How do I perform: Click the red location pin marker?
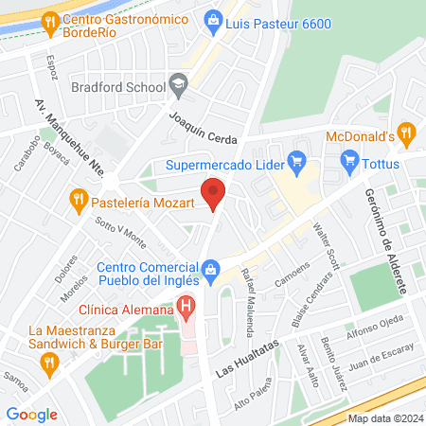pos(215,192)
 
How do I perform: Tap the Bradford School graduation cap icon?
pos(177,86)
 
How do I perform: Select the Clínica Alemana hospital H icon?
pos(187,308)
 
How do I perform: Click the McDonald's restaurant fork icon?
pos(406,134)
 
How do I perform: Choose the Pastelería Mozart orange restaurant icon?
pos(79,200)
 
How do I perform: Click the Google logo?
pos(31,414)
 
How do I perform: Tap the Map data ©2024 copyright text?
pos(383,418)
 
